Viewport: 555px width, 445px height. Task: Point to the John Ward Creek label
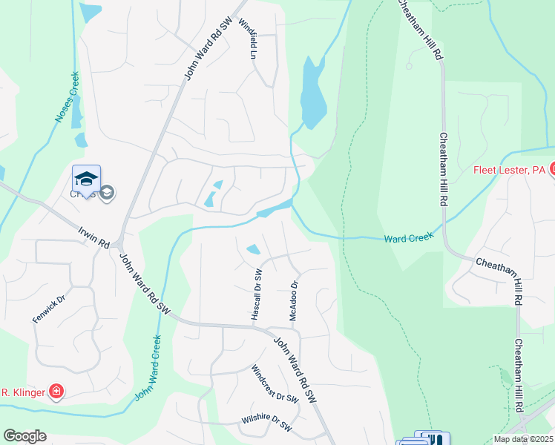pyautogui.click(x=148, y=369)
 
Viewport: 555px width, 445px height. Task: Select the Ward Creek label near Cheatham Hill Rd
pyautogui.click(x=407, y=239)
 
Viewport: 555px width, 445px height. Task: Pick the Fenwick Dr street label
pyautogui.click(x=49, y=309)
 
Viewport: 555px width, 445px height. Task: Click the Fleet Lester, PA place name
pyautogui.click(x=510, y=171)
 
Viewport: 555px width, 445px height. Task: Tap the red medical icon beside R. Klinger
pyautogui.click(x=55, y=391)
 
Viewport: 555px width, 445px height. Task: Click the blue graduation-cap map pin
pyautogui.click(x=86, y=179)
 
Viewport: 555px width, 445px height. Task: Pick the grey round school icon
pyautogui.click(x=107, y=194)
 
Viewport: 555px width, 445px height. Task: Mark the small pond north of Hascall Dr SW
pyautogui.click(x=253, y=248)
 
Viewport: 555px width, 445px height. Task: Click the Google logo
pyautogui.click(x=24, y=436)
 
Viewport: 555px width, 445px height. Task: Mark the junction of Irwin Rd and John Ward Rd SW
pyautogui.click(x=118, y=245)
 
